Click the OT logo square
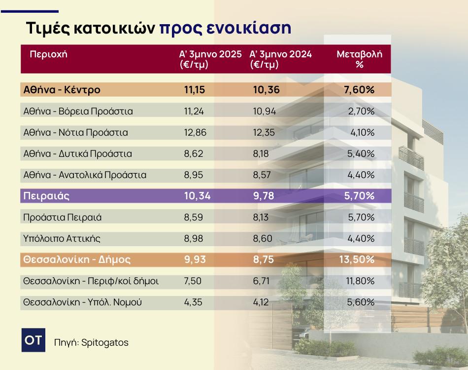tap(33, 340)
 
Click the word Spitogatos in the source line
tap(105, 342)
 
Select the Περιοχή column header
tap(49, 54)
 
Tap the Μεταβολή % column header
tap(359, 59)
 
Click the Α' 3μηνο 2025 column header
tap(210, 59)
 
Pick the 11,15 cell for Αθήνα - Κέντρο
tap(195, 90)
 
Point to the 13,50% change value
tap(357, 259)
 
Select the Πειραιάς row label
tap(46, 196)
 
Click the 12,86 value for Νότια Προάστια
tap(195, 132)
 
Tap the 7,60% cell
tap(359, 90)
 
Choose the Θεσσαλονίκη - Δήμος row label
tap(77, 259)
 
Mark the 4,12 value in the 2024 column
tap(261, 302)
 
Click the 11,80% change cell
tap(360, 281)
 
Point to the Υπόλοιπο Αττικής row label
tap(62, 238)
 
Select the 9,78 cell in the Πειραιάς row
tap(264, 196)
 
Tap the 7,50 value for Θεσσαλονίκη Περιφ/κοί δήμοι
tap(193, 281)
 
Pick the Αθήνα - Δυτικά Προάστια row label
tap(78, 153)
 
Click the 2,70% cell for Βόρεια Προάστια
tap(361, 111)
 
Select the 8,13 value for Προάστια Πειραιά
tap(261, 217)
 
